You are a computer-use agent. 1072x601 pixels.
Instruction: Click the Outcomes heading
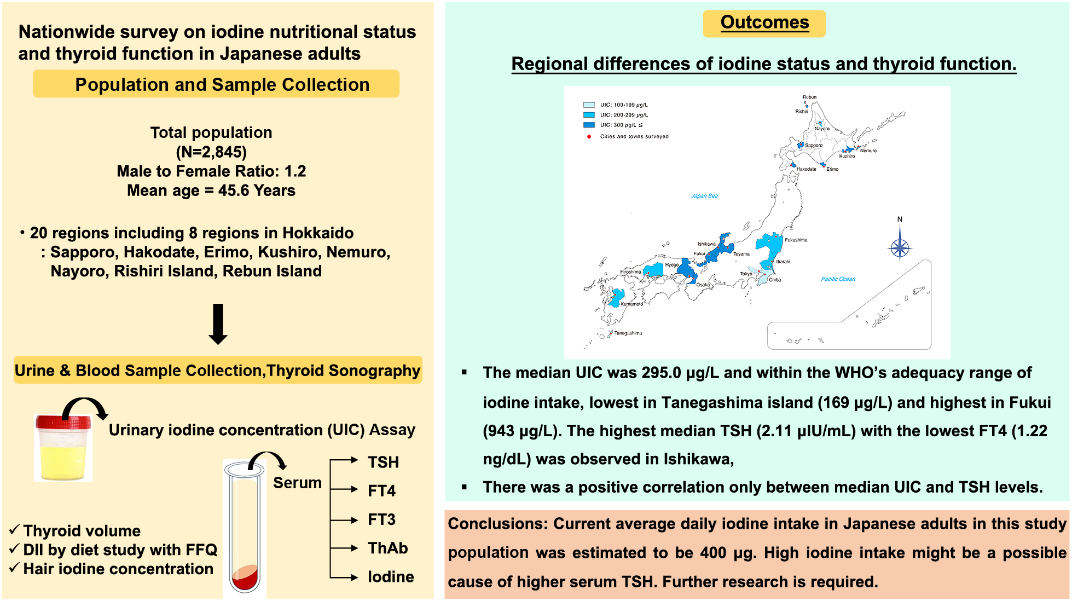click(764, 22)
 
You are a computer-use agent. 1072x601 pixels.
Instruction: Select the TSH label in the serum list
click(383, 463)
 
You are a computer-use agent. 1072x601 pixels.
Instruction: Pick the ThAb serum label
click(387, 548)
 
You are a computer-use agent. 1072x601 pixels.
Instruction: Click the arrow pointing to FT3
click(345, 520)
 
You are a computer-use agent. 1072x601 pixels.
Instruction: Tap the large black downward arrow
click(218, 324)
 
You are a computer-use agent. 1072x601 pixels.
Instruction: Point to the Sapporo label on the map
click(813, 146)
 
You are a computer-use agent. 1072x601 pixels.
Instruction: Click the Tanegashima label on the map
click(628, 333)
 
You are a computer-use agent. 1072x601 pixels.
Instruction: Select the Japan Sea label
click(704, 196)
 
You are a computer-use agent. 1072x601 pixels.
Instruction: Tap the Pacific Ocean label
click(838, 279)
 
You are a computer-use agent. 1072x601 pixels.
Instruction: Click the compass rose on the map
click(900, 247)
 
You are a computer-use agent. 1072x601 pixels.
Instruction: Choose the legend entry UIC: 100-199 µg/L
click(623, 105)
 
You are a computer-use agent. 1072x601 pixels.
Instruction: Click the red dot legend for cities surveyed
click(589, 136)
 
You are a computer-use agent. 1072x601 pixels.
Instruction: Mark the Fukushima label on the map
click(796, 240)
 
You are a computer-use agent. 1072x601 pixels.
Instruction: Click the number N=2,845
click(211, 152)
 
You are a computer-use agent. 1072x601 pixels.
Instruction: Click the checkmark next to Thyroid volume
click(14, 530)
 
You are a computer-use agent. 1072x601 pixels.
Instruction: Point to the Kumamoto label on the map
click(631, 304)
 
